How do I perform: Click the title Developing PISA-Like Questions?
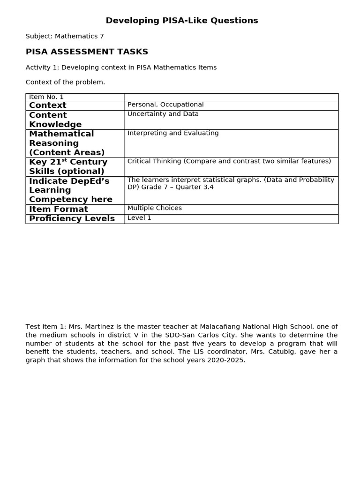point(182,21)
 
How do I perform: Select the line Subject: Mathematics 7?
point(65,36)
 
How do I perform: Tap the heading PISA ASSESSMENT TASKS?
point(87,52)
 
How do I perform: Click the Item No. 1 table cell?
point(46,97)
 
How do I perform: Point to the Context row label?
point(48,105)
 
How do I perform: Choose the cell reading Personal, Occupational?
point(165,105)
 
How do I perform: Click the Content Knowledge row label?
point(55,120)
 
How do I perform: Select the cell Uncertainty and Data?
point(163,114)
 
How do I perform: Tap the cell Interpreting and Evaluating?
point(173,133)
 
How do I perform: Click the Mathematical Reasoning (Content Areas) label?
point(67,143)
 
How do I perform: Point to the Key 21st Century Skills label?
point(68,166)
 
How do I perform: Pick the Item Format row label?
point(59,209)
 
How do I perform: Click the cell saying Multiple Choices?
point(155,208)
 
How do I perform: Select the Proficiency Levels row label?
point(72,218)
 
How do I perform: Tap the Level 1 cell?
point(139,218)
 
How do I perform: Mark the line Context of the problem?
point(66,82)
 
